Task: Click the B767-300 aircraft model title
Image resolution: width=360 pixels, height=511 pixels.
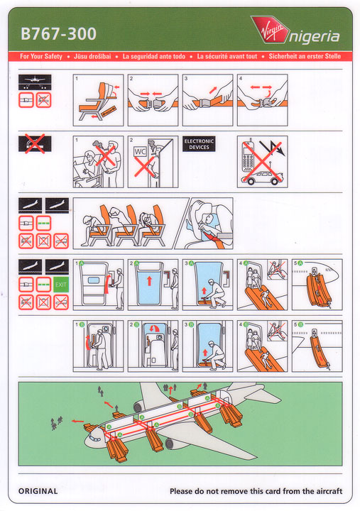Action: click(59, 34)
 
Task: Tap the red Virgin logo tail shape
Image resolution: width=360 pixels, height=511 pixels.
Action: click(271, 29)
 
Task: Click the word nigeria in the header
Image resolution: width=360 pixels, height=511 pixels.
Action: click(315, 36)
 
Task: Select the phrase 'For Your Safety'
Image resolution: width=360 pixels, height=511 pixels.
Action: click(41, 56)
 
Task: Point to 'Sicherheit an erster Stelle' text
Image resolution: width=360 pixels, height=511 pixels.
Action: click(305, 56)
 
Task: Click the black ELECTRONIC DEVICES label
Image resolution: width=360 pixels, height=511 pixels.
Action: click(199, 144)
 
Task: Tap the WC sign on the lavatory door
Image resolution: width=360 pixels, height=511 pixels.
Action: click(140, 152)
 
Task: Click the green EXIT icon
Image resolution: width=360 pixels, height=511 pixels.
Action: click(61, 285)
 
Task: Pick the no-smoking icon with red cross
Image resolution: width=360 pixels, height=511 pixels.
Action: click(35, 144)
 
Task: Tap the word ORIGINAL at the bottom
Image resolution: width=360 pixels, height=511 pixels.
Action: click(38, 491)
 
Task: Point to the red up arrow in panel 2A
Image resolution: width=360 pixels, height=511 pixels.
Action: click(149, 280)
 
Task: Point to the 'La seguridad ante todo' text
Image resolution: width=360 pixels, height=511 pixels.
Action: click(154, 56)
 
